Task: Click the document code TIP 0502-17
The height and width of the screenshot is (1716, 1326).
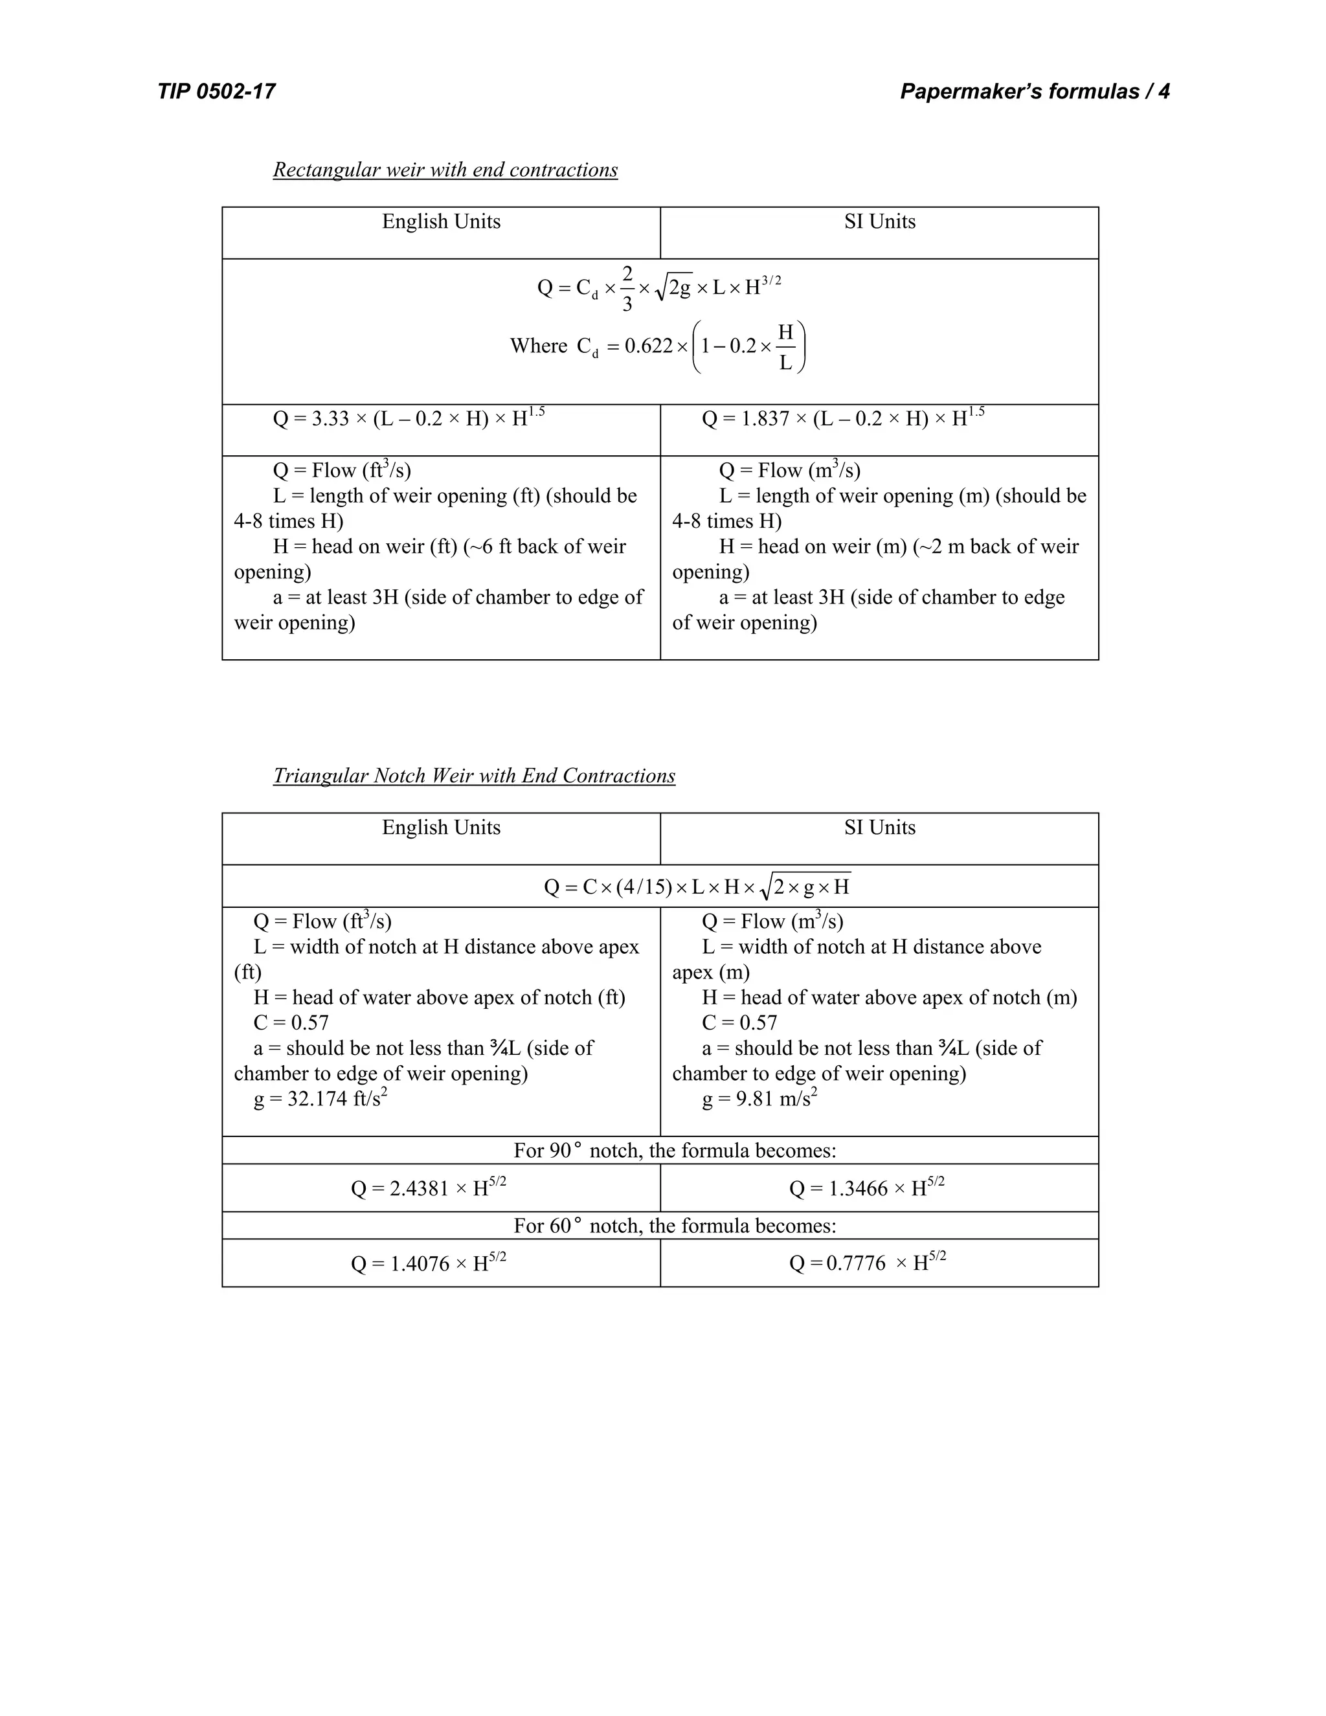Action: click(216, 92)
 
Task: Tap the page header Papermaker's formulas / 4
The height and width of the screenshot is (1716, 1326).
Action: click(1035, 92)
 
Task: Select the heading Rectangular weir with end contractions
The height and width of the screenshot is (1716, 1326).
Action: click(445, 170)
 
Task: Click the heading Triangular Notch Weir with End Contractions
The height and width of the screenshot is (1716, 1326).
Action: click(474, 776)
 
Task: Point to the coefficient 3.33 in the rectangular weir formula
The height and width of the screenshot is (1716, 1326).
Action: click(330, 419)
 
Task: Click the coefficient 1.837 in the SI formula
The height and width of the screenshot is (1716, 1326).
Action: click(765, 419)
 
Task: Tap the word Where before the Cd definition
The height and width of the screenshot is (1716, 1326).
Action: click(538, 346)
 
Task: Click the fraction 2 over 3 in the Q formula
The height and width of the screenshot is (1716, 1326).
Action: click(627, 288)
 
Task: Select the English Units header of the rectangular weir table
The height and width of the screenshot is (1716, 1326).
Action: click(441, 222)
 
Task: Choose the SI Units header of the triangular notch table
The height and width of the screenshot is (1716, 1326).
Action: click(880, 828)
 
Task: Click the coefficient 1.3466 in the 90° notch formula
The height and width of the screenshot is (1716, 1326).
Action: click(858, 1189)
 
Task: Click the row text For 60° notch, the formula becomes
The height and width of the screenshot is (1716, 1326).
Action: click(675, 1226)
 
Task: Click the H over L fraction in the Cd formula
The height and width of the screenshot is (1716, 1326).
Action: click(785, 347)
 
